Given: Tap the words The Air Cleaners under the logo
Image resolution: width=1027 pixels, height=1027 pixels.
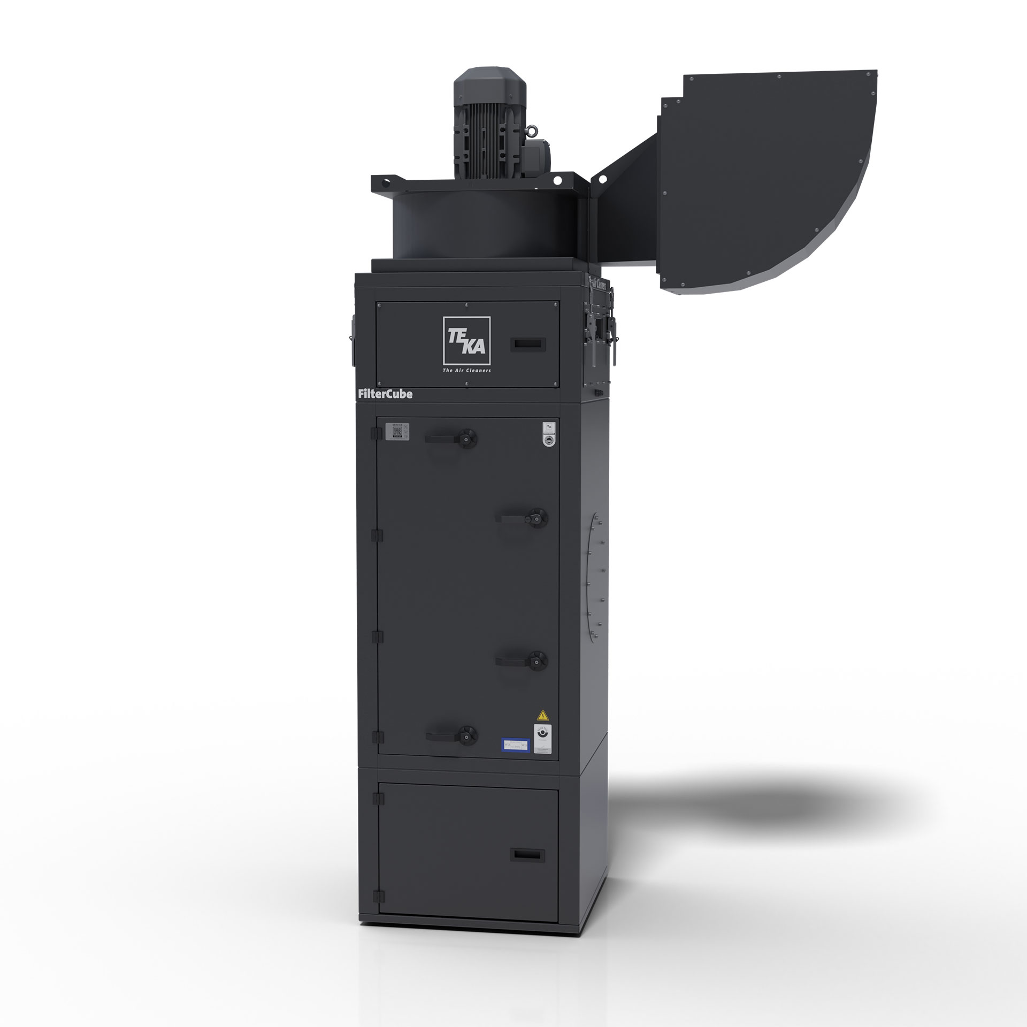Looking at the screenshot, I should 467,370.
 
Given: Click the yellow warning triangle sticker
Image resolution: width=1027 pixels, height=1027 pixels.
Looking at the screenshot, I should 543,715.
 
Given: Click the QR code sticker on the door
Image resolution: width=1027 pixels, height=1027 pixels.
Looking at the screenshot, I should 397,431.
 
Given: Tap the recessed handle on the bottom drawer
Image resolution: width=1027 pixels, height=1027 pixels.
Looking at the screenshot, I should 527,855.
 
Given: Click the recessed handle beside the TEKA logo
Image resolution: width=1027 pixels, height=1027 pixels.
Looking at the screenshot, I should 527,344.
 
